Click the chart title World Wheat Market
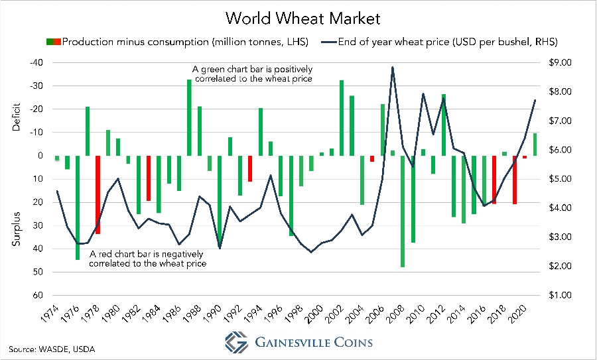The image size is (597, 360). point(298,16)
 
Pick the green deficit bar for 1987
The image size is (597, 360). point(189,117)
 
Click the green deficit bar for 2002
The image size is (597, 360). point(342,118)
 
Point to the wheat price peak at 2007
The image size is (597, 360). point(392,67)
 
